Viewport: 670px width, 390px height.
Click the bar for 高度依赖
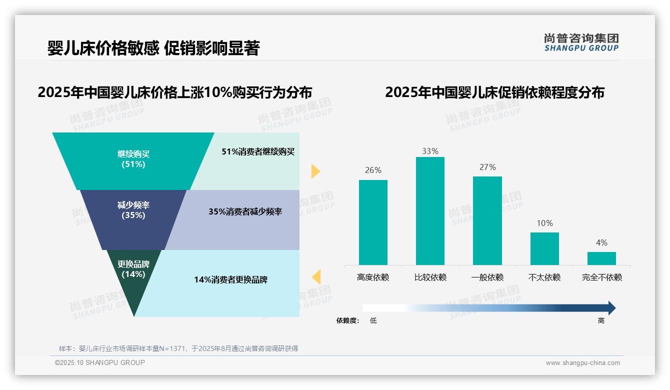[373, 222]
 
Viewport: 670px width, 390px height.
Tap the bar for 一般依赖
[487, 220]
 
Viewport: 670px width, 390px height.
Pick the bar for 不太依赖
[544, 248]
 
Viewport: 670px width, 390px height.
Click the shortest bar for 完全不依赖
[601, 258]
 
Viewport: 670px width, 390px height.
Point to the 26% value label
[373, 170]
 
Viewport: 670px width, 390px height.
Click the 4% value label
[601, 242]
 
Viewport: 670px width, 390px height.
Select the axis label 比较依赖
[430, 277]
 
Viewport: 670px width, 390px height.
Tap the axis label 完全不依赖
[601, 277]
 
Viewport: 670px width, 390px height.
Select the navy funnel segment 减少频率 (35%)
[133, 210]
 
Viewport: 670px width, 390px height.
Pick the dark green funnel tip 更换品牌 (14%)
[133, 280]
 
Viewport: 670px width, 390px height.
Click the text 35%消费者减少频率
[245, 211]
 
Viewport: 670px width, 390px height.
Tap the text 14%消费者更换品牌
[230, 279]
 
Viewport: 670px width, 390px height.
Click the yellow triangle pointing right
[315, 171]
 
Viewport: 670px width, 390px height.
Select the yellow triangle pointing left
[316, 277]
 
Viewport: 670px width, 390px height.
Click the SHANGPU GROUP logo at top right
[581, 42]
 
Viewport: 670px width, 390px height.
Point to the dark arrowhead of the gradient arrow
[611, 308]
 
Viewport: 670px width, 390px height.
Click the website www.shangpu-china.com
[582, 363]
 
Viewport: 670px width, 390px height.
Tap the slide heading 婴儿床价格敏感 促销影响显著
[153, 48]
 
